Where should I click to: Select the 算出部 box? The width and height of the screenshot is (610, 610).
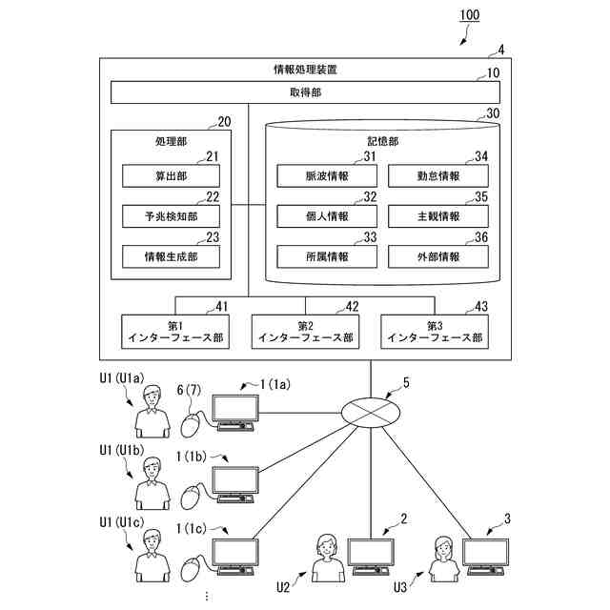coord(171,176)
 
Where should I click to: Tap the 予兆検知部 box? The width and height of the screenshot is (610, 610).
coord(171,216)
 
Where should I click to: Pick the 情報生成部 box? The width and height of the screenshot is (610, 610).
coord(171,256)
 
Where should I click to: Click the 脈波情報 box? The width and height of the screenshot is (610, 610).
coord(326,176)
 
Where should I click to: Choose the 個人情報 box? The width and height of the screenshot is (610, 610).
coord(326,216)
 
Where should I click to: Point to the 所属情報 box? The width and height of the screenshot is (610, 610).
coord(326,256)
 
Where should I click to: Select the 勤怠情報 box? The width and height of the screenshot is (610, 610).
coord(438,176)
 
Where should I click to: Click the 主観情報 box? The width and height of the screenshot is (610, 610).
coord(438,216)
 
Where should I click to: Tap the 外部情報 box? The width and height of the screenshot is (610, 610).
coord(438,256)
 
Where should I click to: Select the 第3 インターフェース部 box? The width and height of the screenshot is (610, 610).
coord(434,332)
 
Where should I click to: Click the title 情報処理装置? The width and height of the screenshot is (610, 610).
coord(304,70)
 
